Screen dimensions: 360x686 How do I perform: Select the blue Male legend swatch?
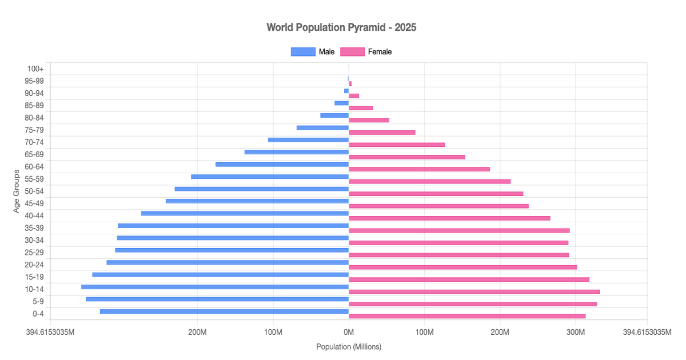click(303, 52)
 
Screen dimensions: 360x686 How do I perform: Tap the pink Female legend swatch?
click(352, 52)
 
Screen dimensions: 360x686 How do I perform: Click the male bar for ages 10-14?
click(215, 287)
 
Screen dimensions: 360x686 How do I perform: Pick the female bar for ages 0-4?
click(467, 316)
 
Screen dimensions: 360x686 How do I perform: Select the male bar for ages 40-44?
click(245, 213)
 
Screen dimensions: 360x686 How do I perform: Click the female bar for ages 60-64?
click(419, 169)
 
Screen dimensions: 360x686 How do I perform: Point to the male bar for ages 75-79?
click(322, 127)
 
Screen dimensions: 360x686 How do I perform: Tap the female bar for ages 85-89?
click(361, 108)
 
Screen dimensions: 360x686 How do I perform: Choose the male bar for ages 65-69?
click(296, 152)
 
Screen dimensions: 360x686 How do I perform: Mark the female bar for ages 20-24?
click(462, 267)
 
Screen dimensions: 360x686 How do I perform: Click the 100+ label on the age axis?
click(35, 69)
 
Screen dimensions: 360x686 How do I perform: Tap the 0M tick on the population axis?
click(349, 333)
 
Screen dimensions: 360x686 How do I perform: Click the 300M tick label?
click(576, 333)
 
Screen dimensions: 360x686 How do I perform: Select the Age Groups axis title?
click(17, 191)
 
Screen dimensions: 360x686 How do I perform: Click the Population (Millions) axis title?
click(349, 347)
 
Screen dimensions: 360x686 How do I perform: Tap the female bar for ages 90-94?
click(354, 95)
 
